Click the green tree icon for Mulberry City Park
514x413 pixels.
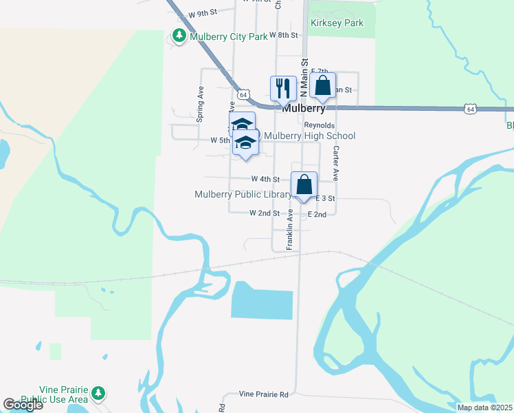(x=179, y=35)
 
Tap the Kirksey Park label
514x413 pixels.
(x=337, y=23)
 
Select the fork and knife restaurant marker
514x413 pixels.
(x=283, y=88)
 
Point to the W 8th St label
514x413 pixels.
(x=284, y=34)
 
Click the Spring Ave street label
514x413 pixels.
(x=201, y=103)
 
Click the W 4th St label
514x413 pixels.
(x=265, y=179)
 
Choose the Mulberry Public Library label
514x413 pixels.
(x=243, y=195)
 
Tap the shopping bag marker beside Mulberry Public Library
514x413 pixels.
(x=304, y=184)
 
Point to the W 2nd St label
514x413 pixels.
(x=264, y=213)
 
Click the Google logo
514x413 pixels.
(x=23, y=405)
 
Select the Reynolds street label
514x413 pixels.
(x=320, y=125)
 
